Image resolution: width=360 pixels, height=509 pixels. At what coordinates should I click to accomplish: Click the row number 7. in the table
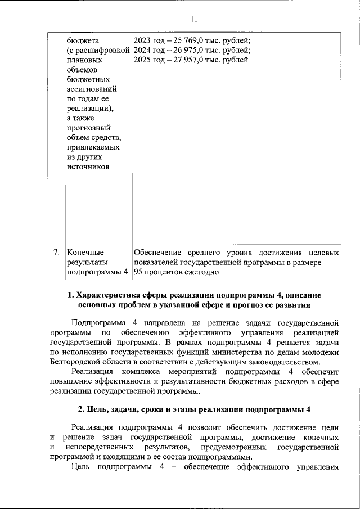click(56, 253)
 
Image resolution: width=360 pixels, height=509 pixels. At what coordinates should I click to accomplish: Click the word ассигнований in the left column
click(92, 89)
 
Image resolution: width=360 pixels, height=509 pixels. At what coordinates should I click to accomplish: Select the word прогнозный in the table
click(89, 128)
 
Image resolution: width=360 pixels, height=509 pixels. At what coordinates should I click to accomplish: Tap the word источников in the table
click(88, 166)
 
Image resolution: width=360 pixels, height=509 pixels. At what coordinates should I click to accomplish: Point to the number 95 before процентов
click(138, 272)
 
